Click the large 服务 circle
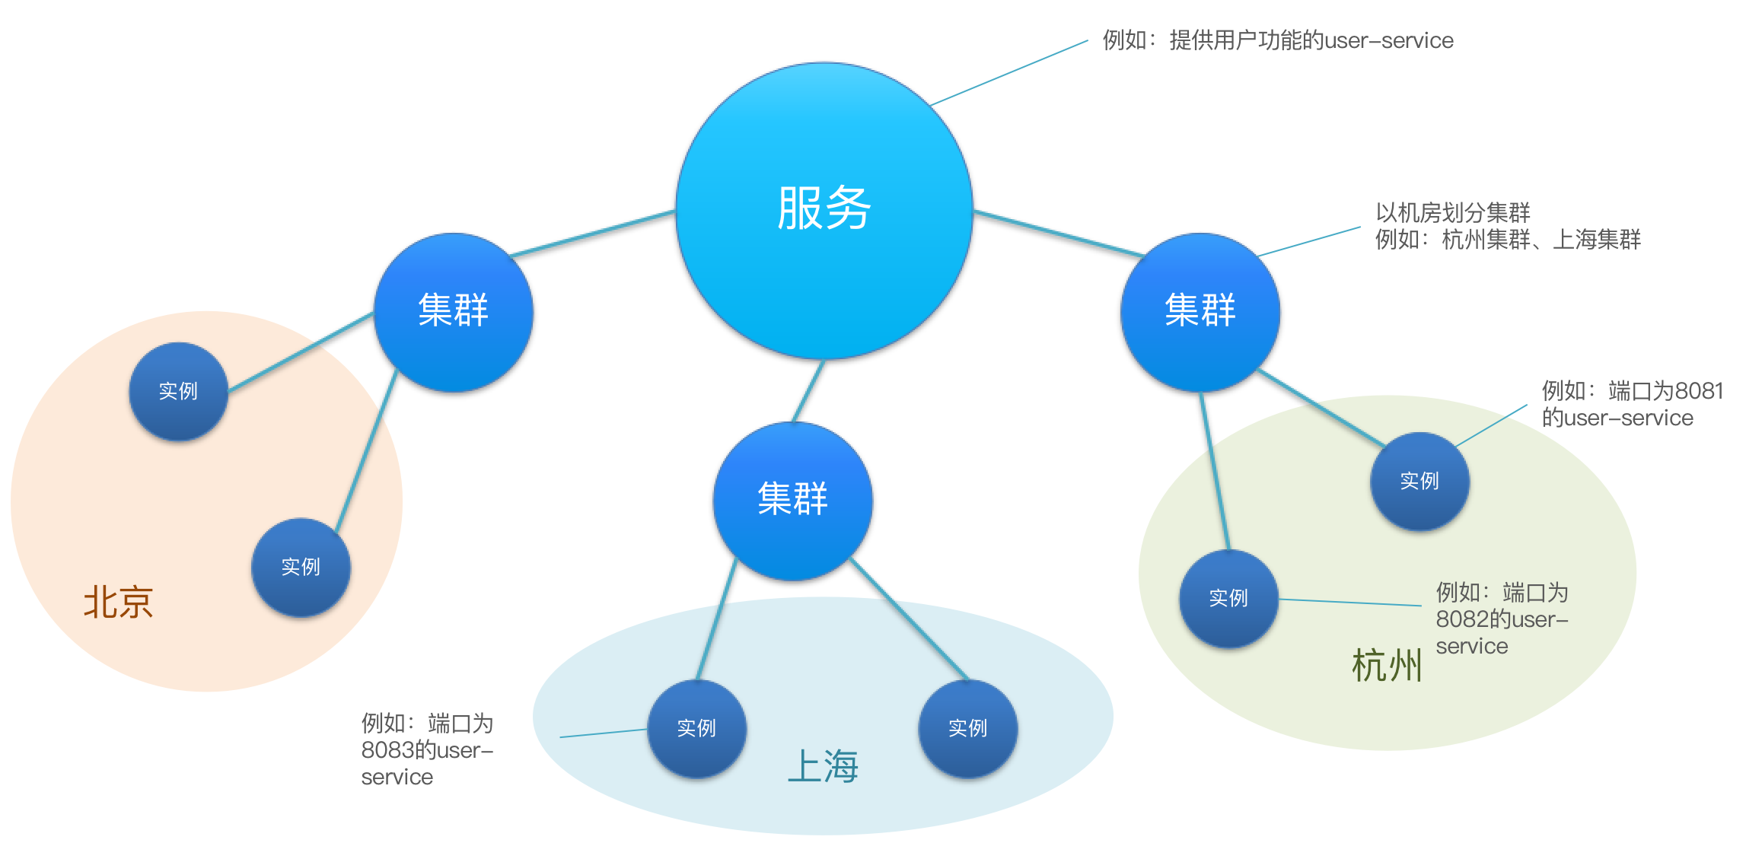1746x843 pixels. click(824, 209)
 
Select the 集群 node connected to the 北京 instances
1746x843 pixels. click(454, 312)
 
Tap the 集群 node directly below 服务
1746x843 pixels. click(792, 501)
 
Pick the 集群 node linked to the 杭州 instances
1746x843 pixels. click(1200, 312)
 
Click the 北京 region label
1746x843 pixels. click(119, 603)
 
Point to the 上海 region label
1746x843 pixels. click(823, 766)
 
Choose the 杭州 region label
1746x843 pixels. click(1386, 666)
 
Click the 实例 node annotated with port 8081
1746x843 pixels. click(1419, 481)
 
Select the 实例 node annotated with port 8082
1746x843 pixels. click(1228, 598)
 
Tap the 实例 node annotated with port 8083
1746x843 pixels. click(696, 728)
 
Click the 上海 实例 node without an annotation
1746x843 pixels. click(967, 728)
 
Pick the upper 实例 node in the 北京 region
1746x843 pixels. click(178, 391)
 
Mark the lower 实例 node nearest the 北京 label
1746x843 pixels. click(301, 567)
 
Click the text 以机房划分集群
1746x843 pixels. click(1452, 213)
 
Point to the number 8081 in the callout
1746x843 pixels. click(1699, 391)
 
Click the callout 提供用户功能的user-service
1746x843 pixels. click(1311, 40)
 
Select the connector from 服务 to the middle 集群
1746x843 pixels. click(808, 391)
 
